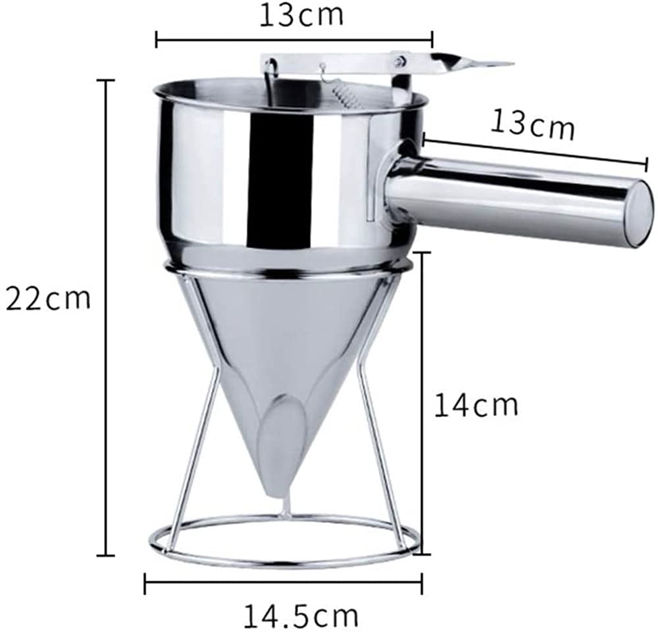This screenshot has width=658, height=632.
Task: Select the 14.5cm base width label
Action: (302, 616)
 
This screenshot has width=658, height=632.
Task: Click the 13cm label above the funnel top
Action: (301, 15)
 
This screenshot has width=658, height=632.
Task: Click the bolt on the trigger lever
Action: (399, 61)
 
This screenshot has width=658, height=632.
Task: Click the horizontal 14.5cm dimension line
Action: (283, 581)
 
